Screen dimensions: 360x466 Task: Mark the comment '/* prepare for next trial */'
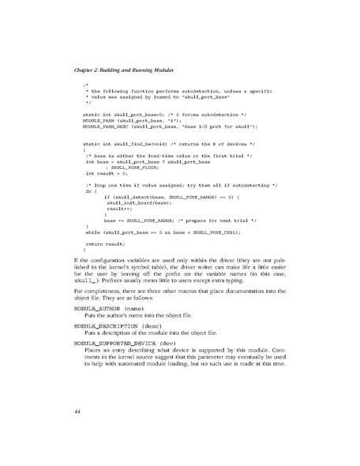[209, 219]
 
